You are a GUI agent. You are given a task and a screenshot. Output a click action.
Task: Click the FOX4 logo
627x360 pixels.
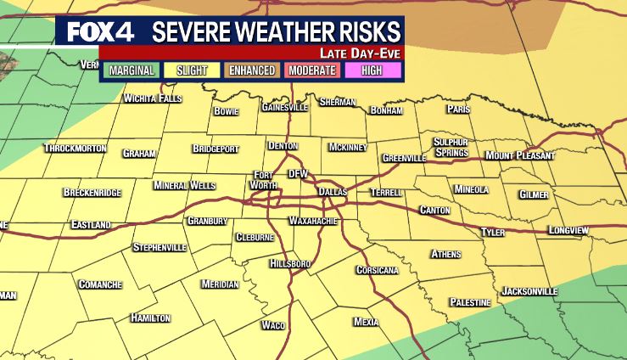coord(100,31)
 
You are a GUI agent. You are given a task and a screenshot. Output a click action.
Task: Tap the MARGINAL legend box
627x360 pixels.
coord(132,70)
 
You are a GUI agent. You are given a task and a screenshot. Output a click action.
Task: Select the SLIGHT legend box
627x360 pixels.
coord(192,70)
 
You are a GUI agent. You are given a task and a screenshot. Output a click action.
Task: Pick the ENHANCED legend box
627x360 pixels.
coord(253,70)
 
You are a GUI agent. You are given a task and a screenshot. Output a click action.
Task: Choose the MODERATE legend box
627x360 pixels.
coord(313,70)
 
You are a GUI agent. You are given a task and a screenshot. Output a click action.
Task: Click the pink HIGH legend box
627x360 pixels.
coord(372,70)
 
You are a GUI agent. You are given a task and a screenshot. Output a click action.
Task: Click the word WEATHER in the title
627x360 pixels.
coord(278,32)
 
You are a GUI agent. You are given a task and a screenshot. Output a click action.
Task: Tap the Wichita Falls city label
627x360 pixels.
coord(153,98)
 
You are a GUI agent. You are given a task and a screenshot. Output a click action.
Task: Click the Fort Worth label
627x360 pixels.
coord(265,180)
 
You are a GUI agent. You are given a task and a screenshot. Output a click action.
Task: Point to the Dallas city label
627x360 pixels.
coord(333,193)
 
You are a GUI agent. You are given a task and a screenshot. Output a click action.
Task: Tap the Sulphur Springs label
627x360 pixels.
coord(451,147)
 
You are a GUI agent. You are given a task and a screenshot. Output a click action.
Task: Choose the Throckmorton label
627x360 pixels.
coord(75,148)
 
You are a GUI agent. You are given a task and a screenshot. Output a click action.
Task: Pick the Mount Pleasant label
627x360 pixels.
coord(520,155)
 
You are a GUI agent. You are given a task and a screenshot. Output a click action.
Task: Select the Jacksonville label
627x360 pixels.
coord(529,291)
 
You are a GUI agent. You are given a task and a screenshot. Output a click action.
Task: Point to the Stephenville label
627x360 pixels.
coord(160,248)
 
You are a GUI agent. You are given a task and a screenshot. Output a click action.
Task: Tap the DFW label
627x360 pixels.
coord(298,173)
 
